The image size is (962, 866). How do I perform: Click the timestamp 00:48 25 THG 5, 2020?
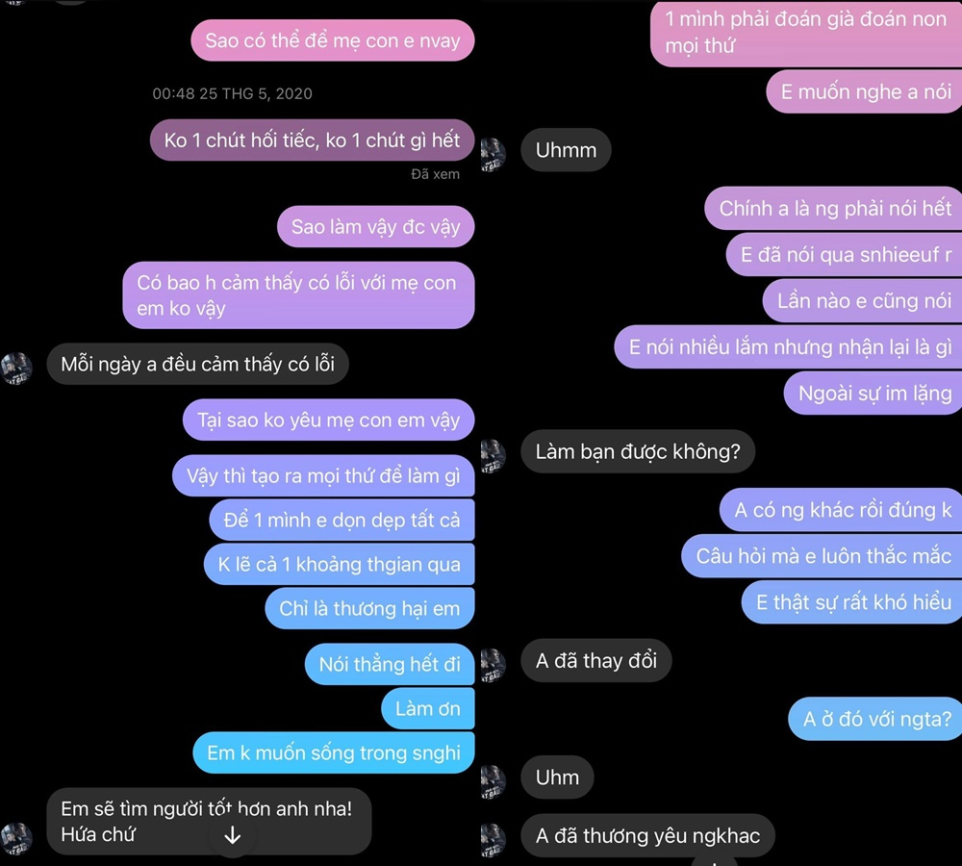(x=232, y=93)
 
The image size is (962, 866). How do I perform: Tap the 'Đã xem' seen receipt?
(x=435, y=174)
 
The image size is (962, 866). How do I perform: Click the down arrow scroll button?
(x=232, y=835)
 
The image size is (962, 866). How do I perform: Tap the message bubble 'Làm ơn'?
(x=427, y=709)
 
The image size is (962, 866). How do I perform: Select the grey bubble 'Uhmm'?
(x=566, y=150)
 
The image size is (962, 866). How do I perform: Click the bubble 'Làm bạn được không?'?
(x=638, y=451)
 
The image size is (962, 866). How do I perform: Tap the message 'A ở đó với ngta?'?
(x=877, y=719)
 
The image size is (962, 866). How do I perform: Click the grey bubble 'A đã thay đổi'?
(x=595, y=661)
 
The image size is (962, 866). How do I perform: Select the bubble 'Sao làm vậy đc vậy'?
(x=375, y=228)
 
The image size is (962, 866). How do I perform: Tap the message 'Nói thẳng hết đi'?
(x=390, y=665)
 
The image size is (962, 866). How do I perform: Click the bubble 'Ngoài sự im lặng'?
(x=874, y=393)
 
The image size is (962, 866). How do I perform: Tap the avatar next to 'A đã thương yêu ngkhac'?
(x=493, y=835)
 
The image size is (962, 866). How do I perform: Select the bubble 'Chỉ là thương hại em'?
(x=369, y=609)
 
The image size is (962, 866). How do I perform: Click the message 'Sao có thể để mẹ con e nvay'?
(x=332, y=41)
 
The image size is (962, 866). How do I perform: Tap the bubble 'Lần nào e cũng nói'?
(x=863, y=301)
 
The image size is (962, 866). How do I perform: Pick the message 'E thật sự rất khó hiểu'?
(x=852, y=602)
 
